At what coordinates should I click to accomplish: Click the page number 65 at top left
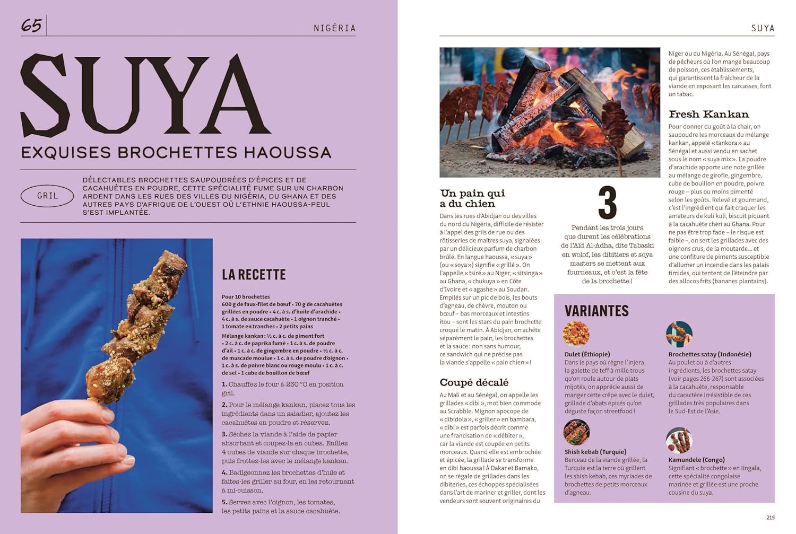click(x=31, y=25)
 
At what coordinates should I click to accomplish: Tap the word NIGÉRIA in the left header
click(x=334, y=28)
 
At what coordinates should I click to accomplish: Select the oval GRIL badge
click(x=47, y=196)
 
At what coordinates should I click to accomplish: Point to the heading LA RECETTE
click(x=254, y=275)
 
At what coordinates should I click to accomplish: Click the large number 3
click(x=607, y=203)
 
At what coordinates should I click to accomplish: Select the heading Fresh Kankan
click(x=708, y=114)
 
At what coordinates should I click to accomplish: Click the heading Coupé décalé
click(x=474, y=382)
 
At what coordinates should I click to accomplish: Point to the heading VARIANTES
click(x=596, y=311)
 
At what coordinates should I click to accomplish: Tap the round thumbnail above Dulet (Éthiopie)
click(x=576, y=334)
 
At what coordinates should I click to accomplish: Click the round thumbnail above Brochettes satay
click(x=679, y=334)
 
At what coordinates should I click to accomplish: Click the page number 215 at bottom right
click(x=770, y=518)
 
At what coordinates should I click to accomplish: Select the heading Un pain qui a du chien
click(x=472, y=198)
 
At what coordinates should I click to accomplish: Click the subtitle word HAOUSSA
click(x=287, y=153)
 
